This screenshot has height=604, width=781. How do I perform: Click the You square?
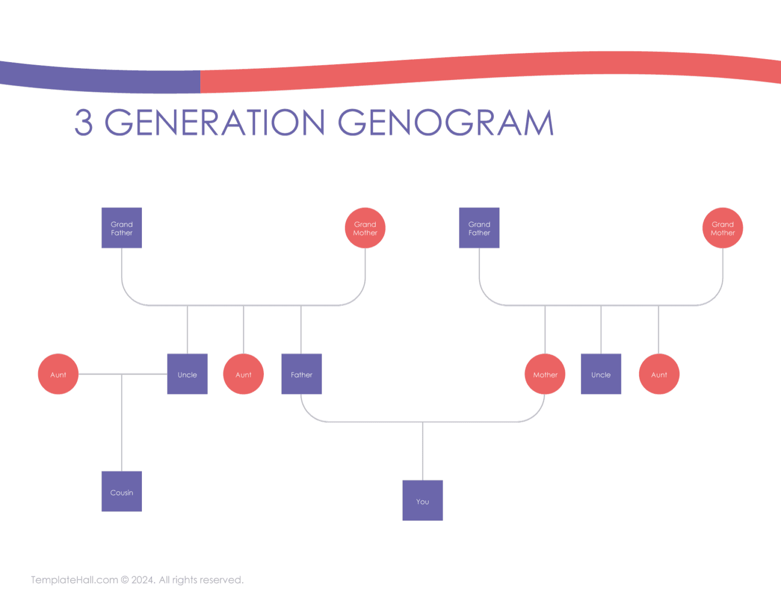pos(423,500)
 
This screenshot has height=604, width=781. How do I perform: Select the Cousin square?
pos(122,491)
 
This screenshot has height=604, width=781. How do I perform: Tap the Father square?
pos(302,374)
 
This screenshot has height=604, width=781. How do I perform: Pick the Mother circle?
pos(545,374)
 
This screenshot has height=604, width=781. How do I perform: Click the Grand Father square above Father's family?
pos(122,228)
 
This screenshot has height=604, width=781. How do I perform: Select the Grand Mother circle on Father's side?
pos(365,228)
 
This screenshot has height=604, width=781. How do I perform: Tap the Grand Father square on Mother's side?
pos(479,228)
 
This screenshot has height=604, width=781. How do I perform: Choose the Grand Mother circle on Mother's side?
pos(723,228)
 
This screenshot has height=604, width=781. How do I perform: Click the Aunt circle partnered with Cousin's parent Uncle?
pos(58,374)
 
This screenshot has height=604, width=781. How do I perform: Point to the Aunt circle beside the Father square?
pos(244,374)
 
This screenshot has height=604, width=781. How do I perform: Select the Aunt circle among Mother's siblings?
pos(659,374)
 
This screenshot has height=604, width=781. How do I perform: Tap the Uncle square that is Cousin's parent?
pos(187,374)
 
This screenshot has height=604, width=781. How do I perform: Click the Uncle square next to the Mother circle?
pos(601,374)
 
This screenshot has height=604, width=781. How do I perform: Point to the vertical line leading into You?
pos(423,451)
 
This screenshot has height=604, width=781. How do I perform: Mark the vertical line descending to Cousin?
pos(122,422)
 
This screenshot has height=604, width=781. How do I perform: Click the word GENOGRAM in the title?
pos(445,123)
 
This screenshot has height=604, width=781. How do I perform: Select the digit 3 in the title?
pos(84,123)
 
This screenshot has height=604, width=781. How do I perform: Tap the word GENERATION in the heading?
pos(215,123)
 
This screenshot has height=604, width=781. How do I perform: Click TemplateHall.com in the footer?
pos(75,580)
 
